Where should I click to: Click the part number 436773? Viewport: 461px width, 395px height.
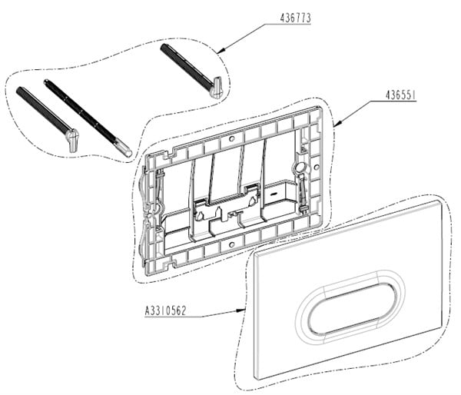pos(295,18)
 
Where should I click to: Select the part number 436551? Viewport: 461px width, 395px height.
pos(400,95)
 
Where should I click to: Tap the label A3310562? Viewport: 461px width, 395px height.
pos(165,310)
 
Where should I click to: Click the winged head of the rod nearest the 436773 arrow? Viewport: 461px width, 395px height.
pos(217,88)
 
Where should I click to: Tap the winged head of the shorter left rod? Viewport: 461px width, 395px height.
pos(72,140)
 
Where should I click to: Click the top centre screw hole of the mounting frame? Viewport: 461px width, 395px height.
pos(232,138)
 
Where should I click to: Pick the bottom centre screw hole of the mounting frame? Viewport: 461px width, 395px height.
pos(232,244)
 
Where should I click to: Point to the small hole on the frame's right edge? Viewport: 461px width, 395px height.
pos(317,168)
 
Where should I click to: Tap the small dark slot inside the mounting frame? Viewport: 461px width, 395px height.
pos(274,194)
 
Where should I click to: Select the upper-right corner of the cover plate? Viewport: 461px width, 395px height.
pos(441,201)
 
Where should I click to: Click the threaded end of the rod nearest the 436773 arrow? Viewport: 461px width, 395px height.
pos(163,47)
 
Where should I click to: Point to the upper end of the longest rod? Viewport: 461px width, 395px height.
pos(46,81)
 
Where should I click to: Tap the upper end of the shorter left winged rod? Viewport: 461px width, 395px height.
pos(19,89)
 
